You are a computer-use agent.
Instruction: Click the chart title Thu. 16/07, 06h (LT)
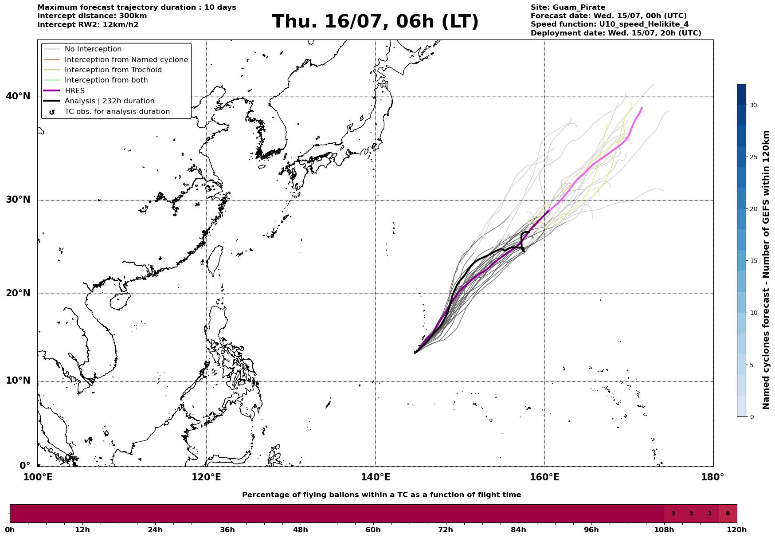pyautogui.click(x=375, y=22)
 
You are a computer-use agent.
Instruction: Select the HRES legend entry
pyautogui.click(x=74, y=91)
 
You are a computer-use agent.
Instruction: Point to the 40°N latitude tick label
pyautogui.click(x=18, y=96)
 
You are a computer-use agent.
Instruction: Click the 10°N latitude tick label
pyautogui.click(x=18, y=381)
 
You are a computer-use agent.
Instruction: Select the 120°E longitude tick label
pyautogui.click(x=206, y=477)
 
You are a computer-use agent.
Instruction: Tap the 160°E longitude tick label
pyautogui.click(x=544, y=477)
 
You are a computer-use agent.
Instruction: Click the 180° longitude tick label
pyautogui.click(x=713, y=477)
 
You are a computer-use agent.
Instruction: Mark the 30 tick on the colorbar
pyautogui.click(x=753, y=105)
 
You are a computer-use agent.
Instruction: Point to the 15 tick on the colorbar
pyautogui.click(x=753, y=261)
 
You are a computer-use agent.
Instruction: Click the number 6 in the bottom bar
pyautogui.click(x=728, y=514)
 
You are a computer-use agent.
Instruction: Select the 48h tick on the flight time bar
pyautogui.click(x=301, y=530)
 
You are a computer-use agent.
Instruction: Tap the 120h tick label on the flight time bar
pyautogui.click(x=737, y=530)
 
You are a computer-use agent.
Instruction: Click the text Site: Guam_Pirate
pyautogui.click(x=568, y=8)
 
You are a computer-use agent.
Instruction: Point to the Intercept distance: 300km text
pyautogui.click(x=92, y=16)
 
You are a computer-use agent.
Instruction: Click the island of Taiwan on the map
pyautogui.click(x=215, y=260)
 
